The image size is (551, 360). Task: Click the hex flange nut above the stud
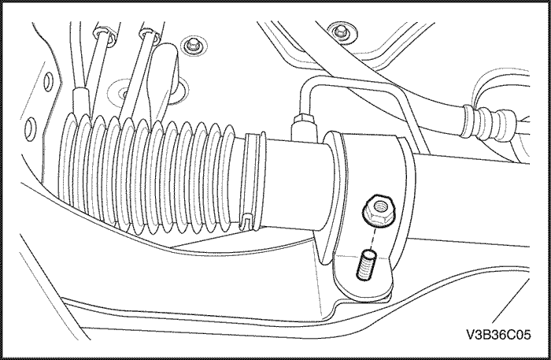coord(379,210)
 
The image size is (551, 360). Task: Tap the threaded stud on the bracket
coord(366,265)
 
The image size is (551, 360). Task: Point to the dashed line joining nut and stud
coord(373,238)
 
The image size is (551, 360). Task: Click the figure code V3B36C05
coord(498,335)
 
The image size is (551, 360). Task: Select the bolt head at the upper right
coord(339,32)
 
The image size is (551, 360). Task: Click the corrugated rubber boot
coord(148,174)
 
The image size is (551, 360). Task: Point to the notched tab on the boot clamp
coord(248,220)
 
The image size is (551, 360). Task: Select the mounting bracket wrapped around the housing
coord(365,214)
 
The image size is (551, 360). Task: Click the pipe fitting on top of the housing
coord(303,128)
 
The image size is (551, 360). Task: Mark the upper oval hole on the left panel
coord(48,82)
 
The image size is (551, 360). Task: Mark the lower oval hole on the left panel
coord(30,129)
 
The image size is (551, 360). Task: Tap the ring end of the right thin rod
coord(150,35)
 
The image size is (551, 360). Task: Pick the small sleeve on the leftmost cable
coord(80,102)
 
